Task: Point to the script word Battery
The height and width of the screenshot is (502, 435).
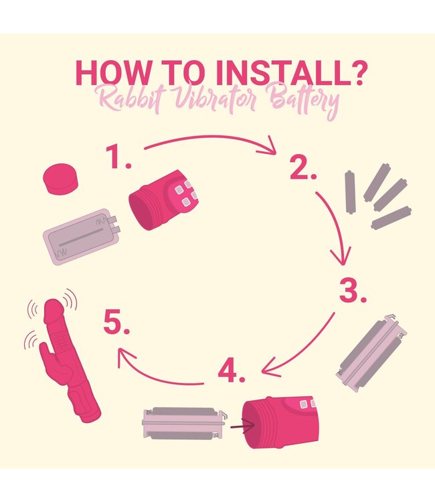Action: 304,99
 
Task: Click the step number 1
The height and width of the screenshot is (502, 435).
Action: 118,156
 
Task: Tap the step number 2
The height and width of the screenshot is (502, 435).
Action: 302,167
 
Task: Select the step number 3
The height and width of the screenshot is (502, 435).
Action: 353,290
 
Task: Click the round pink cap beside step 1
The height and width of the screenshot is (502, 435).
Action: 60,179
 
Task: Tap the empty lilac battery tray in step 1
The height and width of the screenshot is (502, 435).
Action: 81,237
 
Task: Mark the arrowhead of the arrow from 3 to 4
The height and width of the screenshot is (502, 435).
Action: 268,369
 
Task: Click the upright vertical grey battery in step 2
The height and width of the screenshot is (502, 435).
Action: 350,192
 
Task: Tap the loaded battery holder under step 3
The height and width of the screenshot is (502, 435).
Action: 371,353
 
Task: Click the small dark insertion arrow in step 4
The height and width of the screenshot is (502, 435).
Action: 242,426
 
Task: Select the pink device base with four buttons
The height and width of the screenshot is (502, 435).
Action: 163,199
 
